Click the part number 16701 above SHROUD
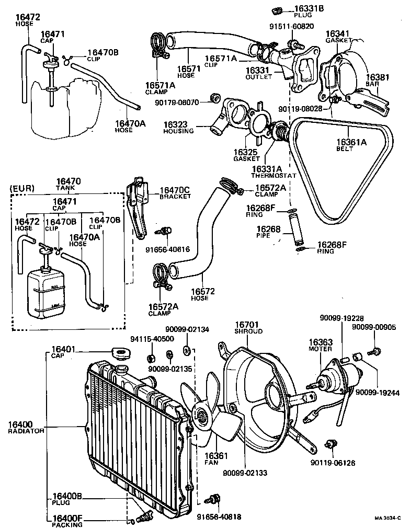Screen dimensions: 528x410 coord(247,324)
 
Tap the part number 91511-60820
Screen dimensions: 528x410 coord(291,26)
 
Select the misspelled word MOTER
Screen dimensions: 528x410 coord(321,348)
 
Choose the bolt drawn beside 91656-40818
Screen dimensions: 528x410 coord(213,499)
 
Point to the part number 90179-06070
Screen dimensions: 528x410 coord(177,102)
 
